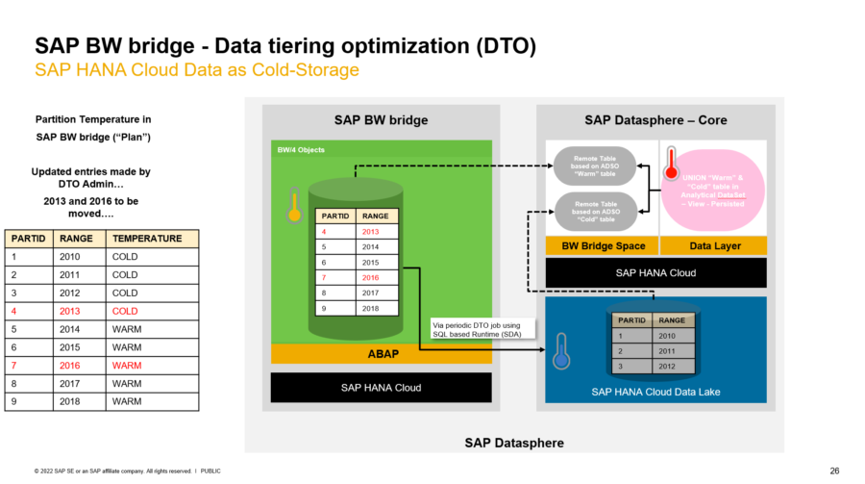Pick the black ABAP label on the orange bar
point(382,353)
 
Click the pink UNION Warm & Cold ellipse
point(712,190)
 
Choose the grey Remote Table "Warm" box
point(596,165)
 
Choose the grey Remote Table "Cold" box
point(596,210)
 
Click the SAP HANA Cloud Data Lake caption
point(655,392)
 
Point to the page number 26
point(834,471)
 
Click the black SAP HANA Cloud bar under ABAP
point(382,387)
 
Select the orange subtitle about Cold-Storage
point(197,70)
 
